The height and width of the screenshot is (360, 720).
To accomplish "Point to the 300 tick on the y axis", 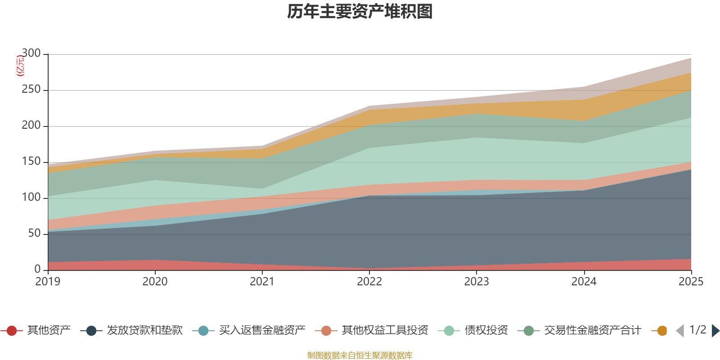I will pyautogui.click(x=31, y=54).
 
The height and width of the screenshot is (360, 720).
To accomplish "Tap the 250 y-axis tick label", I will pyautogui.click(x=31, y=90).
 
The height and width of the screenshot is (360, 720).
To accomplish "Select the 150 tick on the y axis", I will pyautogui.click(x=31, y=162).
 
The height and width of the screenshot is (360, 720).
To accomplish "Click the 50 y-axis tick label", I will pyautogui.click(x=34, y=234).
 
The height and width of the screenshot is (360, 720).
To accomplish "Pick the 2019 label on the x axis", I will pyautogui.click(x=48, y=282).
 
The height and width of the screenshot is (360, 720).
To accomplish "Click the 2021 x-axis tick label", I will pyautogui.click(x=262, y=282).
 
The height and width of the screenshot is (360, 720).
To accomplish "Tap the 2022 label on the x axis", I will pyautogui.click(x=369, y=282).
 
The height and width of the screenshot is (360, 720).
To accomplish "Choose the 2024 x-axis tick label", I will pyautogui.click(x=584, y=282).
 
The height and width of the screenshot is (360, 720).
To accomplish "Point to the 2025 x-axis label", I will pyautogui.click(x=691, y=282).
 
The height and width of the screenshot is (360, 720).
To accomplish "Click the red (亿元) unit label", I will pyautogui.click(x=20, y=66).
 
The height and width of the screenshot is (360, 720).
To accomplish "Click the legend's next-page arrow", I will pyautogui.click(x=715, y=331).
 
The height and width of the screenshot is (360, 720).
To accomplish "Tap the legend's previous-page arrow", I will pyautogui.click(x=680, y=331).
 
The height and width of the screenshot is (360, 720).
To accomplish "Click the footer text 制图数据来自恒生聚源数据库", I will pyautogui.click(x=360, y=355).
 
